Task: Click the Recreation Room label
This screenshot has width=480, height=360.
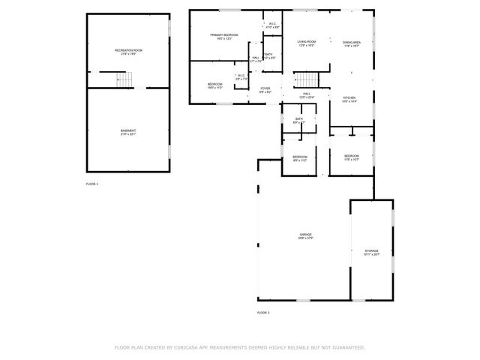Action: point(128,51)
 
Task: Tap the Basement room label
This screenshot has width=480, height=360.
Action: point(128,131)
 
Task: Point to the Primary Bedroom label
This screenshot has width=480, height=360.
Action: point(224,36)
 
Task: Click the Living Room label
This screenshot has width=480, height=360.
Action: point(306,43)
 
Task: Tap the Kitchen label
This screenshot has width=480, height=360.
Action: point(349,98)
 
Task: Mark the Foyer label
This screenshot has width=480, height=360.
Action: point(265,89)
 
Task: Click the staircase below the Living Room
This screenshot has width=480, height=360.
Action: point(306,79)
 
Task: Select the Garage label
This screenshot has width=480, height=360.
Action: point(305,235)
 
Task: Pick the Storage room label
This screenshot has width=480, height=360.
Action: point(371,251)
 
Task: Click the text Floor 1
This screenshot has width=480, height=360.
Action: point(92,184)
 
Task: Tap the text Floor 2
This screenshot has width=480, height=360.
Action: point(263,312)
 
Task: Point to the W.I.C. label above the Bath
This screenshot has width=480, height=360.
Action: point(272,25)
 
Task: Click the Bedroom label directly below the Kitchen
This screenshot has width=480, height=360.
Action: point(352,156)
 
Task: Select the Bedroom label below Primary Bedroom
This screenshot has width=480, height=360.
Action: point(214,85)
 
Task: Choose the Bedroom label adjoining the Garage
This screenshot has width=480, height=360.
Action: point(299,157)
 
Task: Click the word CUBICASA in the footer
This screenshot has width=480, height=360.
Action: point(184,347)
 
